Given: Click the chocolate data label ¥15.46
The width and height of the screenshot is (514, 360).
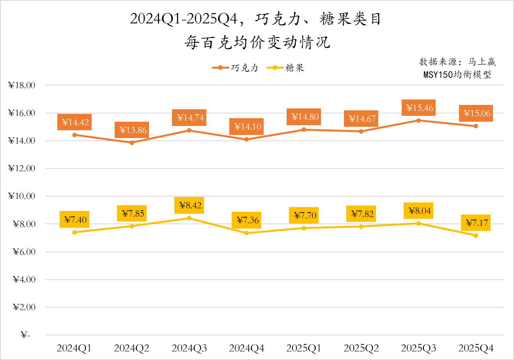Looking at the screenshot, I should pos(420,108).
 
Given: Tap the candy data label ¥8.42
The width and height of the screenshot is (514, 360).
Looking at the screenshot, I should pos(190,206).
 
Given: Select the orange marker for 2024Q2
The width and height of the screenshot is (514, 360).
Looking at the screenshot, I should pos(132,143).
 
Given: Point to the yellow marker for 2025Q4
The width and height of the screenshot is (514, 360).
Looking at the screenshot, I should pos(476,236).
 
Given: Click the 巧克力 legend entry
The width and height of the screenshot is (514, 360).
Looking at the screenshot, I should pos(236,68).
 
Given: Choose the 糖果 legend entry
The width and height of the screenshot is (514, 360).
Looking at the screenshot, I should pos(285,68).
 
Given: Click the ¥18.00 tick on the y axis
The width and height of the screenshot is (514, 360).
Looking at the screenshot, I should pos(22,85).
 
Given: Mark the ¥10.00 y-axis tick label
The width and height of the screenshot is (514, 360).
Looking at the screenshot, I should pos(22,196).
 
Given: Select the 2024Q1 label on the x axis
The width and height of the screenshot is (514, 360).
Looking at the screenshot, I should pos(74,348).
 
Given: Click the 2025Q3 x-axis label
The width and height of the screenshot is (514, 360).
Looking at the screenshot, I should pos(418,348).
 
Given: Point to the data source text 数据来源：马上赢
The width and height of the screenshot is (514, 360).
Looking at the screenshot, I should pos(457,62).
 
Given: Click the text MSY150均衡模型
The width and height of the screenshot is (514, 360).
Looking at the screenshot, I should pos(457,74).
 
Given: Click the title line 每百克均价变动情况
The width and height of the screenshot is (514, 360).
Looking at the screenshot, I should pos(257,43).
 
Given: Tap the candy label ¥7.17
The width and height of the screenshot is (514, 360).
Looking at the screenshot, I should pos(477,223).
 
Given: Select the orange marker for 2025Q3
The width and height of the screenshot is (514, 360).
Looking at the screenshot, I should pos(418,121).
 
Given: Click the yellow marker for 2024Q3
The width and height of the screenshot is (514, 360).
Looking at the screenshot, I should pos(189,218).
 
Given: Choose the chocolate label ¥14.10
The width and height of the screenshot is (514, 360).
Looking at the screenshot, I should pos(248,127).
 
